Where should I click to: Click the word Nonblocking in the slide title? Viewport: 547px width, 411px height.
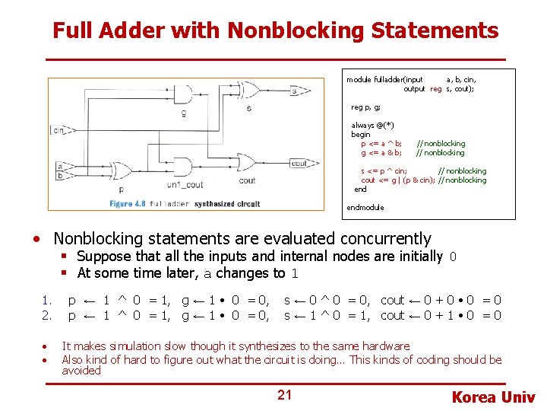coord(296,31)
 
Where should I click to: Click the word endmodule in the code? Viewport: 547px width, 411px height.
coord(365,208)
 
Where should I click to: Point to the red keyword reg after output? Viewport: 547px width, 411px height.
coord(435,89)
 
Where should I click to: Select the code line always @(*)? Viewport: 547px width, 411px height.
coord(372,126)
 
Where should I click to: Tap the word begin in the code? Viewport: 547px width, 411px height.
coord(360,135)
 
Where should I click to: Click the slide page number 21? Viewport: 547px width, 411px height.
coord(284,394)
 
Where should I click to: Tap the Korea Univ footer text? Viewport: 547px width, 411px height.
coord(493,397)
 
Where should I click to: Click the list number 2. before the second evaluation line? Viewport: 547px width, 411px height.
coord(46,315)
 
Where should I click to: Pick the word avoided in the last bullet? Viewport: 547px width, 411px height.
coord(81,371)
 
